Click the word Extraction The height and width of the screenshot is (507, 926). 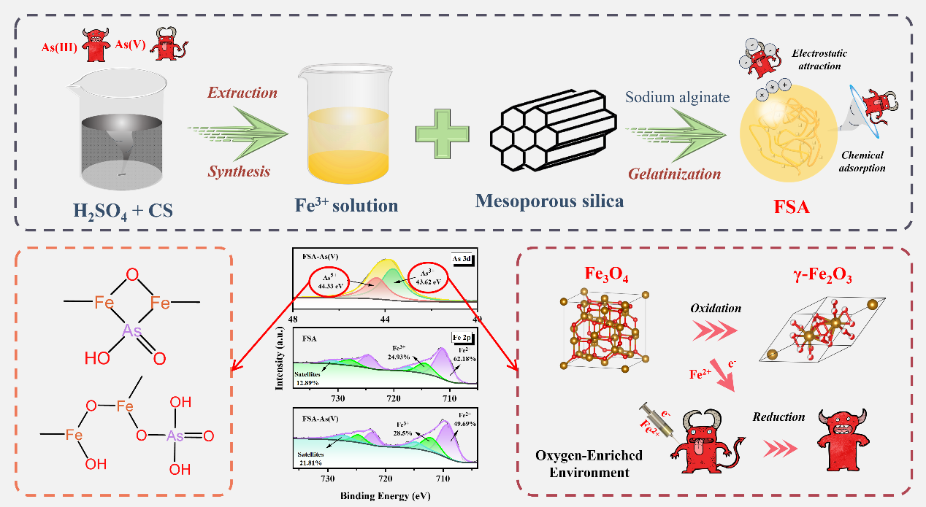click(242, 93)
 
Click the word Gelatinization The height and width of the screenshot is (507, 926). click(676, 174)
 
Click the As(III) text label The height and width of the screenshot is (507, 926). click(58, 49)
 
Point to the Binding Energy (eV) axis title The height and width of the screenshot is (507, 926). click(386, 496)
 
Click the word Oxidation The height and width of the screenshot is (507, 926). click(716, 308)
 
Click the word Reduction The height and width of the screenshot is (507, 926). click(778, 417)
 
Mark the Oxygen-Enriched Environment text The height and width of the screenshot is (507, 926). click(589, 463)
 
